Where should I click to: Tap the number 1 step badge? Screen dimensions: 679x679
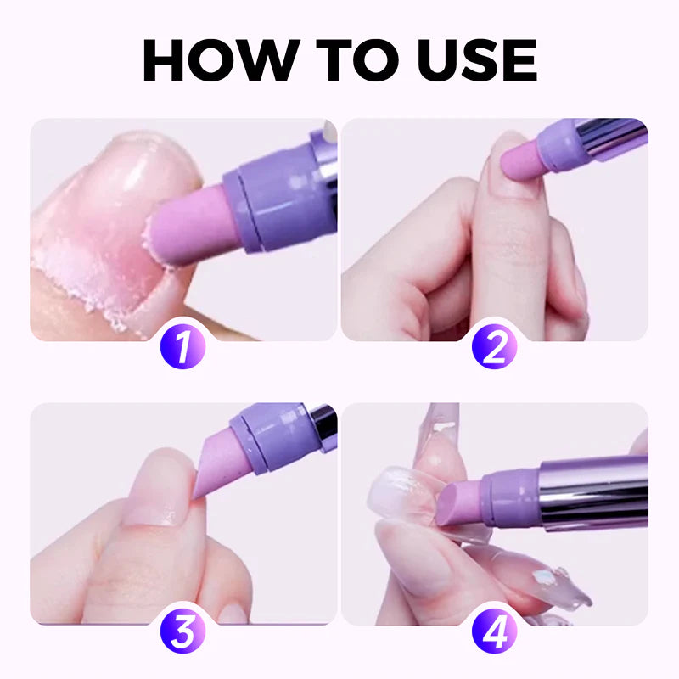tap(183, 349)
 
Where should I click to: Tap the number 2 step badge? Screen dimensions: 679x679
tap(495, 349)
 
